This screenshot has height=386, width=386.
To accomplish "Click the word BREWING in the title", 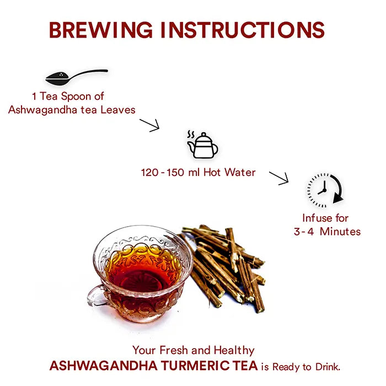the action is point(101,30).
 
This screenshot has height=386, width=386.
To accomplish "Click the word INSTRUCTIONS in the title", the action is point(243,30).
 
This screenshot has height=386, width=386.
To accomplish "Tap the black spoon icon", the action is point(77,77).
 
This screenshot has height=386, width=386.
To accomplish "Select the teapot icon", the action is point(202,145).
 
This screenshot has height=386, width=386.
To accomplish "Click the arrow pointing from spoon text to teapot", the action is point(149,125).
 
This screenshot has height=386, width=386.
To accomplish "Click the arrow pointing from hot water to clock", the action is point(278,178).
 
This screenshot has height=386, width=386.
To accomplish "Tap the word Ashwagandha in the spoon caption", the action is point(43,110).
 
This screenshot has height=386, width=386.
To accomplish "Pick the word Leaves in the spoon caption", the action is point(118,110).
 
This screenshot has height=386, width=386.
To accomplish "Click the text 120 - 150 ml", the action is point(170,172).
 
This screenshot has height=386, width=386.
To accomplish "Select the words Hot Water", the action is point(229,172).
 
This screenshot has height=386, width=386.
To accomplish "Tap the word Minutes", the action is point(340,232).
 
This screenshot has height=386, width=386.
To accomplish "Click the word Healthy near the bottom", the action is point(234,350).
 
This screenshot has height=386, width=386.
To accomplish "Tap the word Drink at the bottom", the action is point(328,367).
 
